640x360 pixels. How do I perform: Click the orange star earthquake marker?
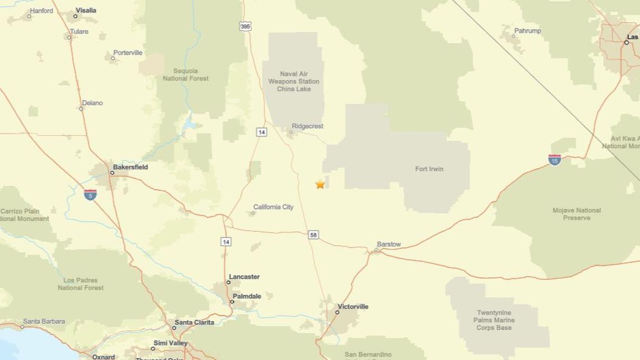pos(320,184)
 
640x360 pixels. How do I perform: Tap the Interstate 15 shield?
pos(555,160)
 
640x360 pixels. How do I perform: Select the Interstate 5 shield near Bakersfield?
pos(90,194)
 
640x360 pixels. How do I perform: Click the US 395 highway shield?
pos(245,26)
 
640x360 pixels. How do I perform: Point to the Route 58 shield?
pos(313,235)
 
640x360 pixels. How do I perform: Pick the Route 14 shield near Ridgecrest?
pos(261,132)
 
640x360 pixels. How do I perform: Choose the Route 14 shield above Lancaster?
pos(226,241)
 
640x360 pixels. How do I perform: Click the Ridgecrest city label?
pos(307,126)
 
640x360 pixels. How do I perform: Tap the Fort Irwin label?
pos(429,169)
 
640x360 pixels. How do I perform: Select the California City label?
pos(273,207)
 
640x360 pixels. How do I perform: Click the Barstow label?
pos(388,244)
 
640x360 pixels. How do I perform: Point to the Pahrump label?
pos(527,31)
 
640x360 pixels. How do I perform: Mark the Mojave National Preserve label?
pos(577,214)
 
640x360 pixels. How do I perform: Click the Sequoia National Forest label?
pos(185,75)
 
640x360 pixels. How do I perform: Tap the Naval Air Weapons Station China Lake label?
pos(293,81)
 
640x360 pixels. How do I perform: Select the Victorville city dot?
pos(337,312)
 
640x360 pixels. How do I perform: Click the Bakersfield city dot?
pos(112,172)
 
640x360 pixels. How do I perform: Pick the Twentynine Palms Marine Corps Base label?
pos(494,320)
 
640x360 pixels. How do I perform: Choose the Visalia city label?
pos(85,10)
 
